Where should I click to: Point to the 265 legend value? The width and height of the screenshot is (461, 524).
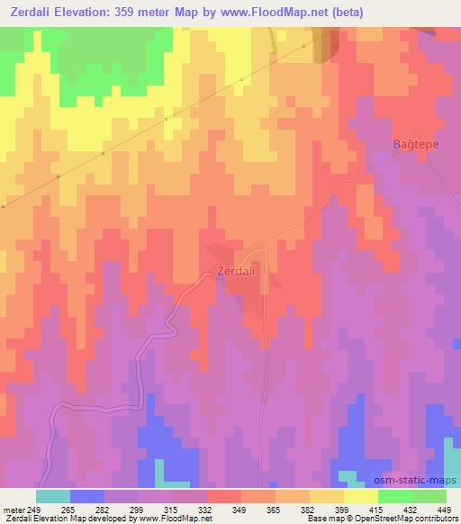71,509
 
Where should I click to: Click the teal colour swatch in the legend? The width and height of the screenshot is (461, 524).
52,496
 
